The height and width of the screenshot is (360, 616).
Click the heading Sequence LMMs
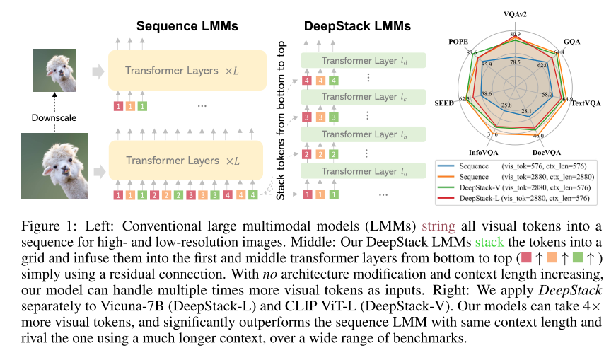pos(187,26)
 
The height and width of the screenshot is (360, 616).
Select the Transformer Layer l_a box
pos(367,172)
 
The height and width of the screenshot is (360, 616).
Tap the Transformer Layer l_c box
pos(367,97)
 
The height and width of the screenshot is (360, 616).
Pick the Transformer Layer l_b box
pos(367,134)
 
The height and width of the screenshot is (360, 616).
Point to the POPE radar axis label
pos(458,42)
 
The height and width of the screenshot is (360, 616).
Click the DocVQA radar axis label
pos(547,151)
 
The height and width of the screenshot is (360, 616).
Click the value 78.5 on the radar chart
pos(515,62)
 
